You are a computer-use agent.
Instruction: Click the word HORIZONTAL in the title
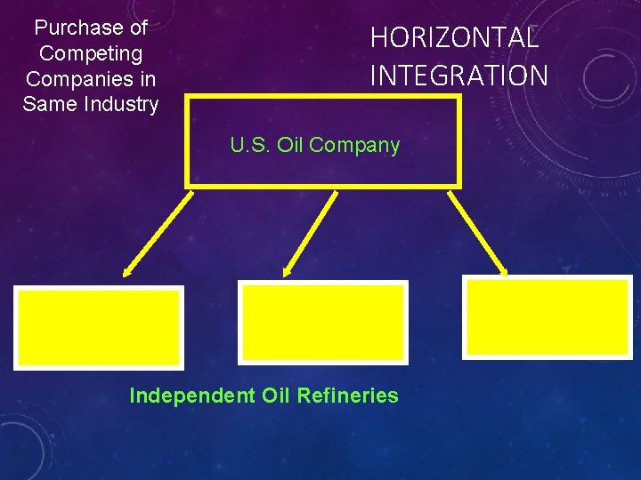click(x=454, y=38)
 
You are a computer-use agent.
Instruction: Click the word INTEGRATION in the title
click(x=458, y=76)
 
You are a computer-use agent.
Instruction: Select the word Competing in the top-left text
click(x=91, y=54)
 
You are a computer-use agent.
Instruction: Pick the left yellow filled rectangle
click(x=98, y=327)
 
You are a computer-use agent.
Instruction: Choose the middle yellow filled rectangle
click(x=322, y=322)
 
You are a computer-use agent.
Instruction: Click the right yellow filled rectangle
click(x=548, y=316)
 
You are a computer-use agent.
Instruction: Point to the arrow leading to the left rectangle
click(x=158, y=233)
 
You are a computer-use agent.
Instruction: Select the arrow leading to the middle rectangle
click(x=310, y=233)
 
